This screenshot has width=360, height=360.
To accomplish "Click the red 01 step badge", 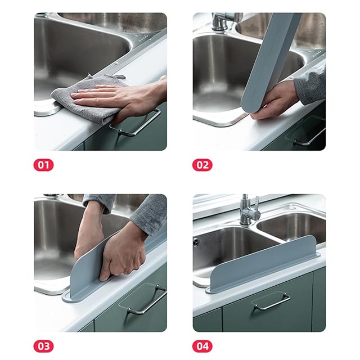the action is [x=43, y=165].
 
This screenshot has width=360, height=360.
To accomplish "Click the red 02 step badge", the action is [x=202, y=165].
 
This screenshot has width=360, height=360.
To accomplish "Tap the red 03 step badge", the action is [x=43, y=346].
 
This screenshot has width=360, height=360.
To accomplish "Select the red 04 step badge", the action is [x=202, y=346].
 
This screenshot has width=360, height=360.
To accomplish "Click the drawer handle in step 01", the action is [x=136, y=123].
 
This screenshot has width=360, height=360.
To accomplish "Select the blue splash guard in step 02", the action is [x=271, y=62].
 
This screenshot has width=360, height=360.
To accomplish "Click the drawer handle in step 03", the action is [x=147, y=301].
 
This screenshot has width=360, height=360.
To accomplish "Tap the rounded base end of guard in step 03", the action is [x=66, y=298].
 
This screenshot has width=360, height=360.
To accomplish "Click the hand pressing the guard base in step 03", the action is [x=124, y=253].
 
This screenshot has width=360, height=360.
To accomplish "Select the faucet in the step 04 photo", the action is [x=249, y=210].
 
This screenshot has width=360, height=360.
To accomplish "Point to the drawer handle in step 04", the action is [x=272, y=301].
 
